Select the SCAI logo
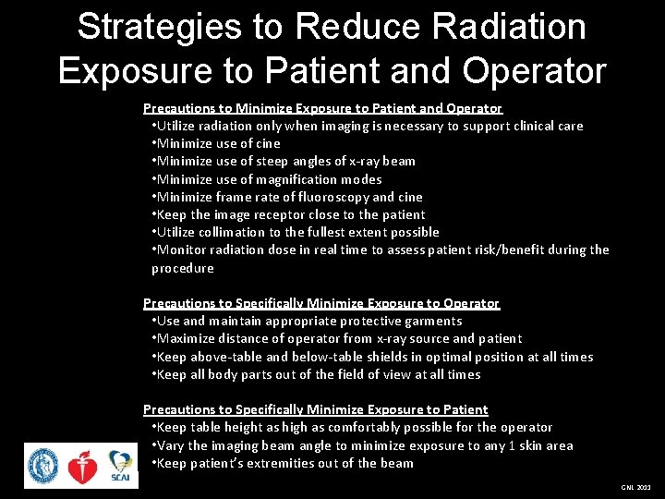[121, 465]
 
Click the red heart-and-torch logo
[82, 467]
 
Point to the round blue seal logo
[42, 466]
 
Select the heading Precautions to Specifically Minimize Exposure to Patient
[315, 409]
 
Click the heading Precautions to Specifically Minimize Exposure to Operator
[320, 303]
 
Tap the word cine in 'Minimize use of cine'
[267, 143]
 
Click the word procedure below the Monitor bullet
[183, 268]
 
